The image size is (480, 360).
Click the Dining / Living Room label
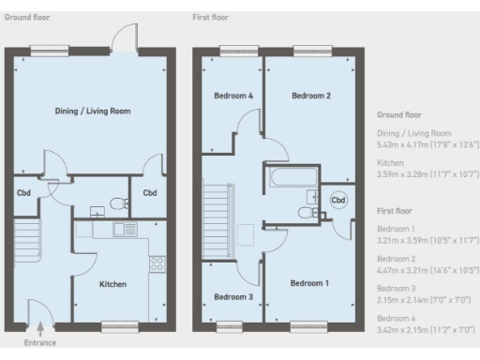pyautogui.click(x=91, y=111)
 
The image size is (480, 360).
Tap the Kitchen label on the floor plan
pyautogui.click(x=112, y=283)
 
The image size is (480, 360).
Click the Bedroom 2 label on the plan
pyautogui.click(x=309, y=96)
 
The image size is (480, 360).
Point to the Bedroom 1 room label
pyautogui.click(x=309, y=282)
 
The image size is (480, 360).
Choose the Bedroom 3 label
pyautogui.click(x=232, y=297)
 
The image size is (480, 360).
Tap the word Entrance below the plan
pyautogui.click(x=40, y=343)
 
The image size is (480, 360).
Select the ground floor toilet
pyautogui.click(x=116, y=202)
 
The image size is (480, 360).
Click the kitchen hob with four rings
pyautogui.click(x=157, y=263)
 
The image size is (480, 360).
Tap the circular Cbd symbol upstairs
pyautogui.click(x=337, y=200)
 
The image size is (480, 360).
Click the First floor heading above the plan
pyautogui.click(x=210, y=17)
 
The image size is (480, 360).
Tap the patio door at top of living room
pyautogui.click(x=120, y=39)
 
